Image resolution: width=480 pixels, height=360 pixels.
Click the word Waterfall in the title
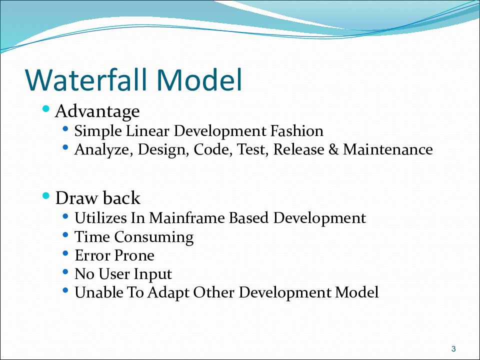(x=86, y=80)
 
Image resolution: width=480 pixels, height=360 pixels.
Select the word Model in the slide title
(x=199, y=80)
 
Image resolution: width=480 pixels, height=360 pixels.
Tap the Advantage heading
(x=97, y=111)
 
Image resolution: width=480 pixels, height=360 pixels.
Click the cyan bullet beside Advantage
(x=46, y=108)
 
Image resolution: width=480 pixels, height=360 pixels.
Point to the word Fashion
(x=296, y=130)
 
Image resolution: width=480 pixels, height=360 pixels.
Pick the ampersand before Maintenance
(x=333, y=149)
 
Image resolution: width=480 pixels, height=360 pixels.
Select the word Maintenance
(x=388, y=149)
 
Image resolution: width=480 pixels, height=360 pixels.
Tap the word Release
(x=298, y=149)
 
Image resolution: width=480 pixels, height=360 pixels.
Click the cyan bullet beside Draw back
(x=46, y=195)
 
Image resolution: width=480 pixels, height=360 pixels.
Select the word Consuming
(x=154, y=237)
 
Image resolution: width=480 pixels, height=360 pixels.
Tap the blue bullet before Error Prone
(x=65, y=253)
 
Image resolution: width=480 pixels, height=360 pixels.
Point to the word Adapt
(x=168, y=292)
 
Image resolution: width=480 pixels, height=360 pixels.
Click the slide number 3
(x=453, y=348)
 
